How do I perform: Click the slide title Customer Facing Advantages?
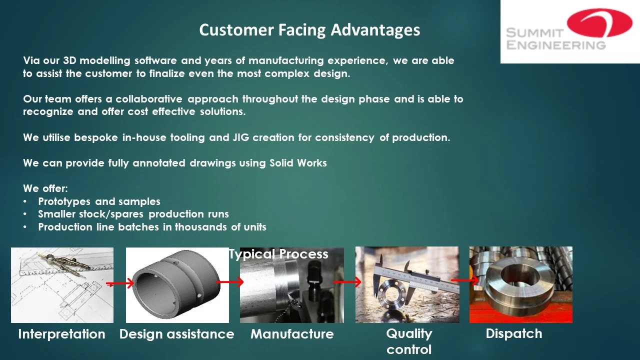coord(309,30)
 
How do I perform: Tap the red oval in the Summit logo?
coord(599,23)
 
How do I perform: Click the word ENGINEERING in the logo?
coord(556,45)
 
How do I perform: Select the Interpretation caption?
coord(61,334)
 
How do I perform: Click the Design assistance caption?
coord(177,334)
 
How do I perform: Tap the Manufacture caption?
coord(292,334)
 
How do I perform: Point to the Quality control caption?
coord(409,341)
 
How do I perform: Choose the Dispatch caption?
coord(514,333)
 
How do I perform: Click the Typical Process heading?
coord(278,254)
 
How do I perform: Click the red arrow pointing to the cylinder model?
coord(119,283)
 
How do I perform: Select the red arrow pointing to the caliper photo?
coord(347,282)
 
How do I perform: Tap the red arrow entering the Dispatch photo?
coord(465,280)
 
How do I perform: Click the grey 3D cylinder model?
coord(176,284)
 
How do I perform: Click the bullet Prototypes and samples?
coord(99,201)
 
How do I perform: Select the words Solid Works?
coord(298,163)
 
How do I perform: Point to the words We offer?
coord(45,188)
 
